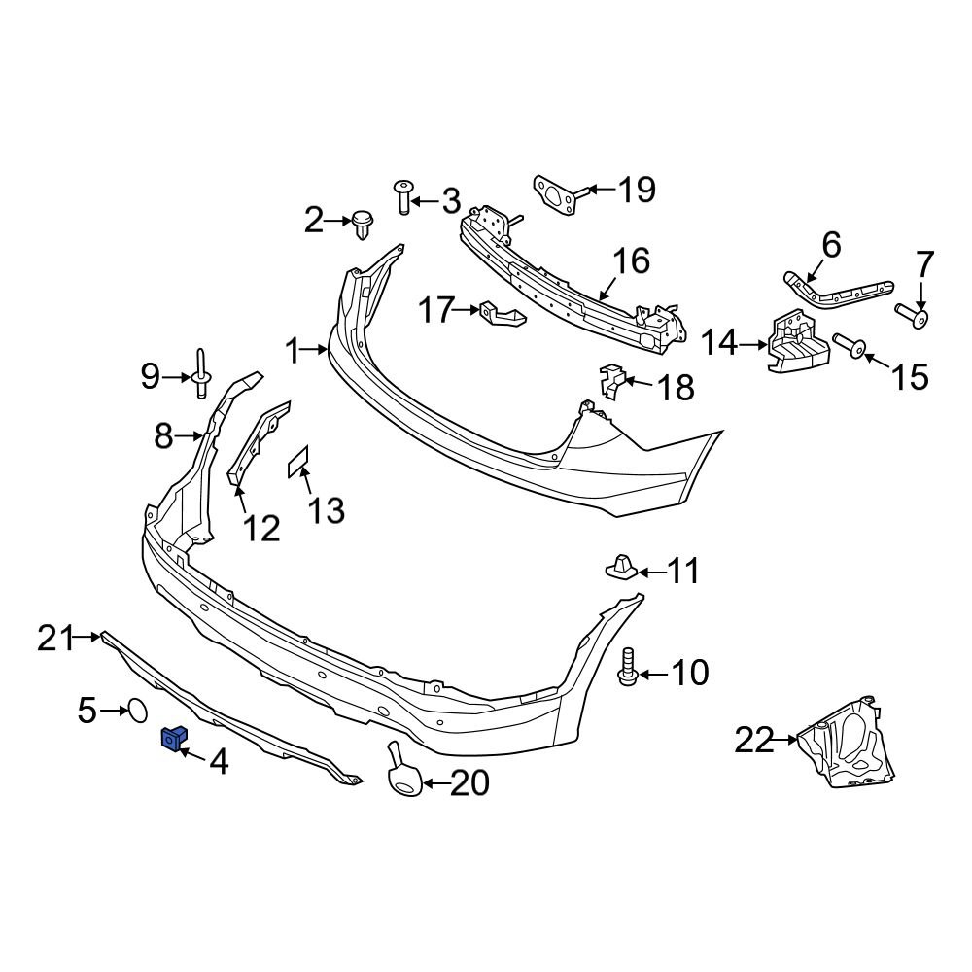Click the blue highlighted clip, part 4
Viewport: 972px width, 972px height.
pyautogui.click(x=172, y=741)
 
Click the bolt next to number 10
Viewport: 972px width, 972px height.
pyautogui.click(x=627, y=667)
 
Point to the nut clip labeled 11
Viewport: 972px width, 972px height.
pyautogui.click(x=620, y=567)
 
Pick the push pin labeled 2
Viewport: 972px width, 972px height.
pyautogui.click(x=363, y=224)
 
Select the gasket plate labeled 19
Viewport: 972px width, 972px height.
pyautogui.click(x=556, y=192)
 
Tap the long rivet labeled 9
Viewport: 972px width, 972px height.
pyautogui.click(x=201, y=373)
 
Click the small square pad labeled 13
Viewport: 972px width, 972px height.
pyautogui.click(x=298, y=462)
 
